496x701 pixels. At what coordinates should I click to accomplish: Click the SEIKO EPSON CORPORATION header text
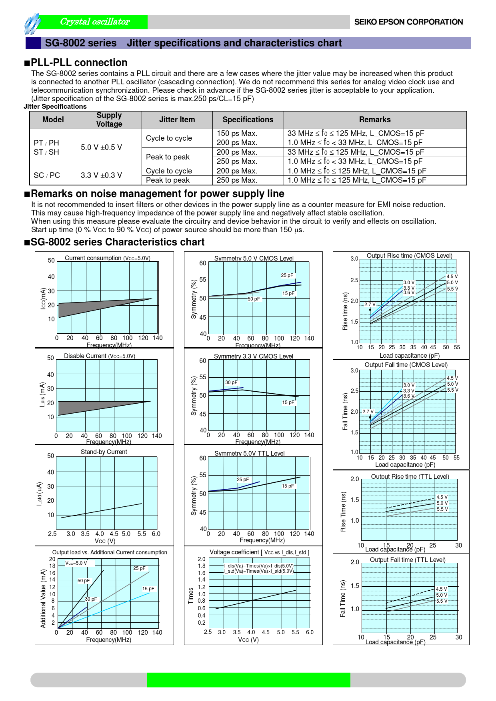[x=408, y=22]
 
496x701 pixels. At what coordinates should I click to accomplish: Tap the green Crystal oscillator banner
[x=95, y=22]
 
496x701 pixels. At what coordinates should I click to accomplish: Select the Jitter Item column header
[x=177, y=119]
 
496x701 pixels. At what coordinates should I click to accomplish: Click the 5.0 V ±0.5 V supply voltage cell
[x=101, y=147]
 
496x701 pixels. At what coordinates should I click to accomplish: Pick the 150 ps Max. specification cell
[x=237, y=133]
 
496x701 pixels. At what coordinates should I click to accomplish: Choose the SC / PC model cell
[x=47, y=175]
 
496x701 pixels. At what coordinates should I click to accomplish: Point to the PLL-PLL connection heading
[x=79, y=63]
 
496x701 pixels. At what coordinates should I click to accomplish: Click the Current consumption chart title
[x=107, y=258]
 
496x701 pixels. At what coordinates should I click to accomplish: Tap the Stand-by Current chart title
[x=104, y=452]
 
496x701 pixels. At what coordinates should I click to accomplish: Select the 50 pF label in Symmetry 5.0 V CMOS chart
[x=254, y=299]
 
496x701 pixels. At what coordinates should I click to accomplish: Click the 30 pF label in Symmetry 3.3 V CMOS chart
[x=231, y=382]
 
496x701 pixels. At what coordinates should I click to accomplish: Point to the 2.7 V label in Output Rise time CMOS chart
[x=370, y=305]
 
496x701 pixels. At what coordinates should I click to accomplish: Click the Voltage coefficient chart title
[x=259, y=552]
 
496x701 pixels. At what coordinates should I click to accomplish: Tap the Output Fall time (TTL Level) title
[x=407, y=560]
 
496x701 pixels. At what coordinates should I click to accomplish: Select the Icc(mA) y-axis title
[x=43, y=299]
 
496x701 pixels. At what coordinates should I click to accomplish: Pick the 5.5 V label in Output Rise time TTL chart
[x=442, y=509]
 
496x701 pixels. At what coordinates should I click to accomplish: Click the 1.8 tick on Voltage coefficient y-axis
[x=202, y=566]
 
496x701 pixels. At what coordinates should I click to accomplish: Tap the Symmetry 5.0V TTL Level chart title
[x=249, y=453]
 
